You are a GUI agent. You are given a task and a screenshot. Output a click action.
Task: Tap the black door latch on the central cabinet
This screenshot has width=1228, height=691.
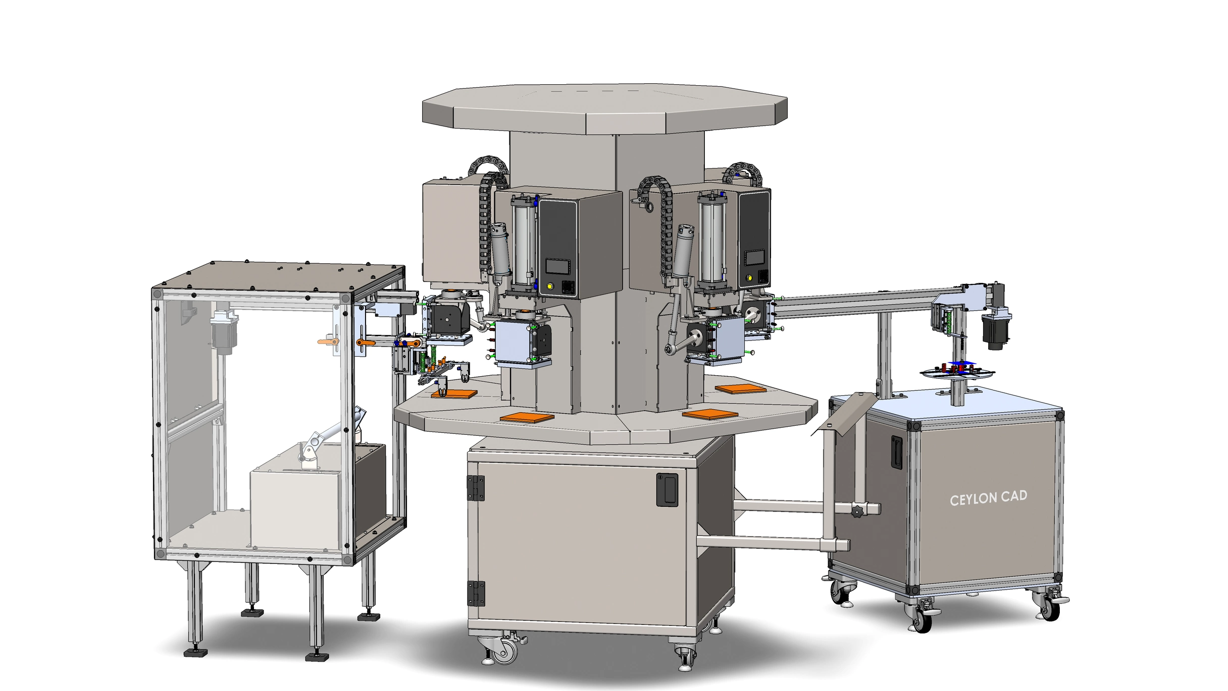(x=667, y=489)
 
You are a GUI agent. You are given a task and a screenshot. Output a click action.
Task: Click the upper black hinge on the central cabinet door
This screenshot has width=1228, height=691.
(x=475, y=488)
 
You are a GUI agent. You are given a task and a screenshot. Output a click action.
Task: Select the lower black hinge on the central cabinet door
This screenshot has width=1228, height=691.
(x=475, y=593)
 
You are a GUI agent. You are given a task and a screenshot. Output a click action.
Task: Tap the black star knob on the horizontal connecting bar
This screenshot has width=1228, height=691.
(x=857, y=512)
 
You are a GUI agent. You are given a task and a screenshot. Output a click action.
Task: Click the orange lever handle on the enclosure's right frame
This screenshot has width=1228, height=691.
(x=366, y=343)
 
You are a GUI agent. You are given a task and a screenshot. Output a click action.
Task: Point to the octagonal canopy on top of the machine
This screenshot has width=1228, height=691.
(x=604, y=108)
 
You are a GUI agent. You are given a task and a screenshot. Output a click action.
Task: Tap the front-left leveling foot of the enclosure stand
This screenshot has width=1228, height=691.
(x=195, y=652)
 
